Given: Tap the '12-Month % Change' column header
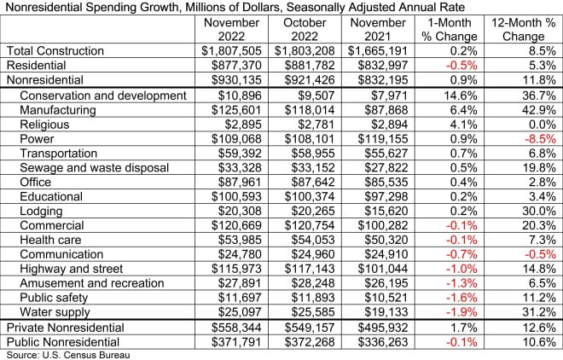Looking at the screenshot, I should click(521, 30).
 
